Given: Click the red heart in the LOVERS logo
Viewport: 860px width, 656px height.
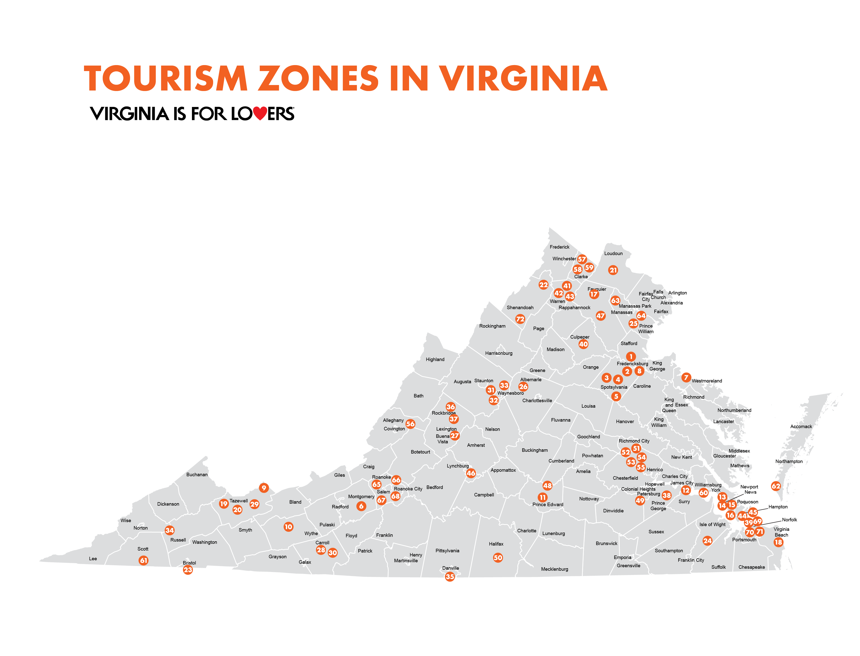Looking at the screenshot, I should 260,113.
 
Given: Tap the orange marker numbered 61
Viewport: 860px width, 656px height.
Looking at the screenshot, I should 144,560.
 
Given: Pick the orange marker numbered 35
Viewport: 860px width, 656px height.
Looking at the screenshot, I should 450,576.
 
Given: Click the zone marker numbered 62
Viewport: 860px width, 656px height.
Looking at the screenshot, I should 776,486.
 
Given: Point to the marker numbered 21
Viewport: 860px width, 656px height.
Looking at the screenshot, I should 613,270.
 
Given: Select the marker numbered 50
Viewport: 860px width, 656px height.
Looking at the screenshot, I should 498,558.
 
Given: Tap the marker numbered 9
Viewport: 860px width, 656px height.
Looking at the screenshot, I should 264,488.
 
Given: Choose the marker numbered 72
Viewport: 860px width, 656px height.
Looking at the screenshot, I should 520,319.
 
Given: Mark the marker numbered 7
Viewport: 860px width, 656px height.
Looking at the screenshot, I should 686,377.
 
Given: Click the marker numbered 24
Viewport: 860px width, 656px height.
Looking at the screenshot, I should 707,541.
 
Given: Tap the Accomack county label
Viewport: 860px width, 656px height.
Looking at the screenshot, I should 801,426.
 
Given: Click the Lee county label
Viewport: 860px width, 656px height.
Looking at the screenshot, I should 93,558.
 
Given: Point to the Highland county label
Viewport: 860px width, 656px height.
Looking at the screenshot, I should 435,359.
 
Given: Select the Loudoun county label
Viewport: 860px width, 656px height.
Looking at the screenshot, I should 613,253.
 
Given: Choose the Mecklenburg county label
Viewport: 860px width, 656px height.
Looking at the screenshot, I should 554,569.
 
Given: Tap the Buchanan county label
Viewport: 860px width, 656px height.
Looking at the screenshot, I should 197,474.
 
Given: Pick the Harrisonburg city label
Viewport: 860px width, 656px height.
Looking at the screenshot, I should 499,353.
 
